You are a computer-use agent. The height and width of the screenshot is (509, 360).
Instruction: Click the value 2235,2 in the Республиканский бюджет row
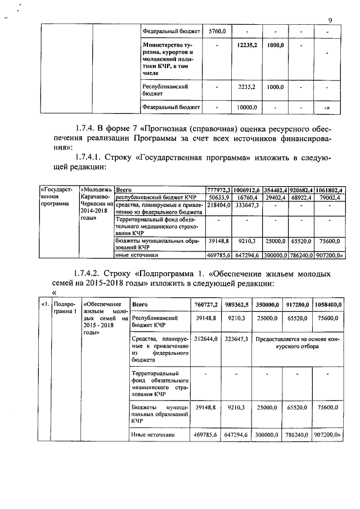[x=247, y=87]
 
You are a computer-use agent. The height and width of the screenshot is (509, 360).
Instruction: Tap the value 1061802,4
[x=330, y=190]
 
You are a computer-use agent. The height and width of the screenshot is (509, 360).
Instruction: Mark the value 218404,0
[x=218, y=206]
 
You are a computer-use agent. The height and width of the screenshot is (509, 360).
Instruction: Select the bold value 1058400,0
[x=328, y=304]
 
